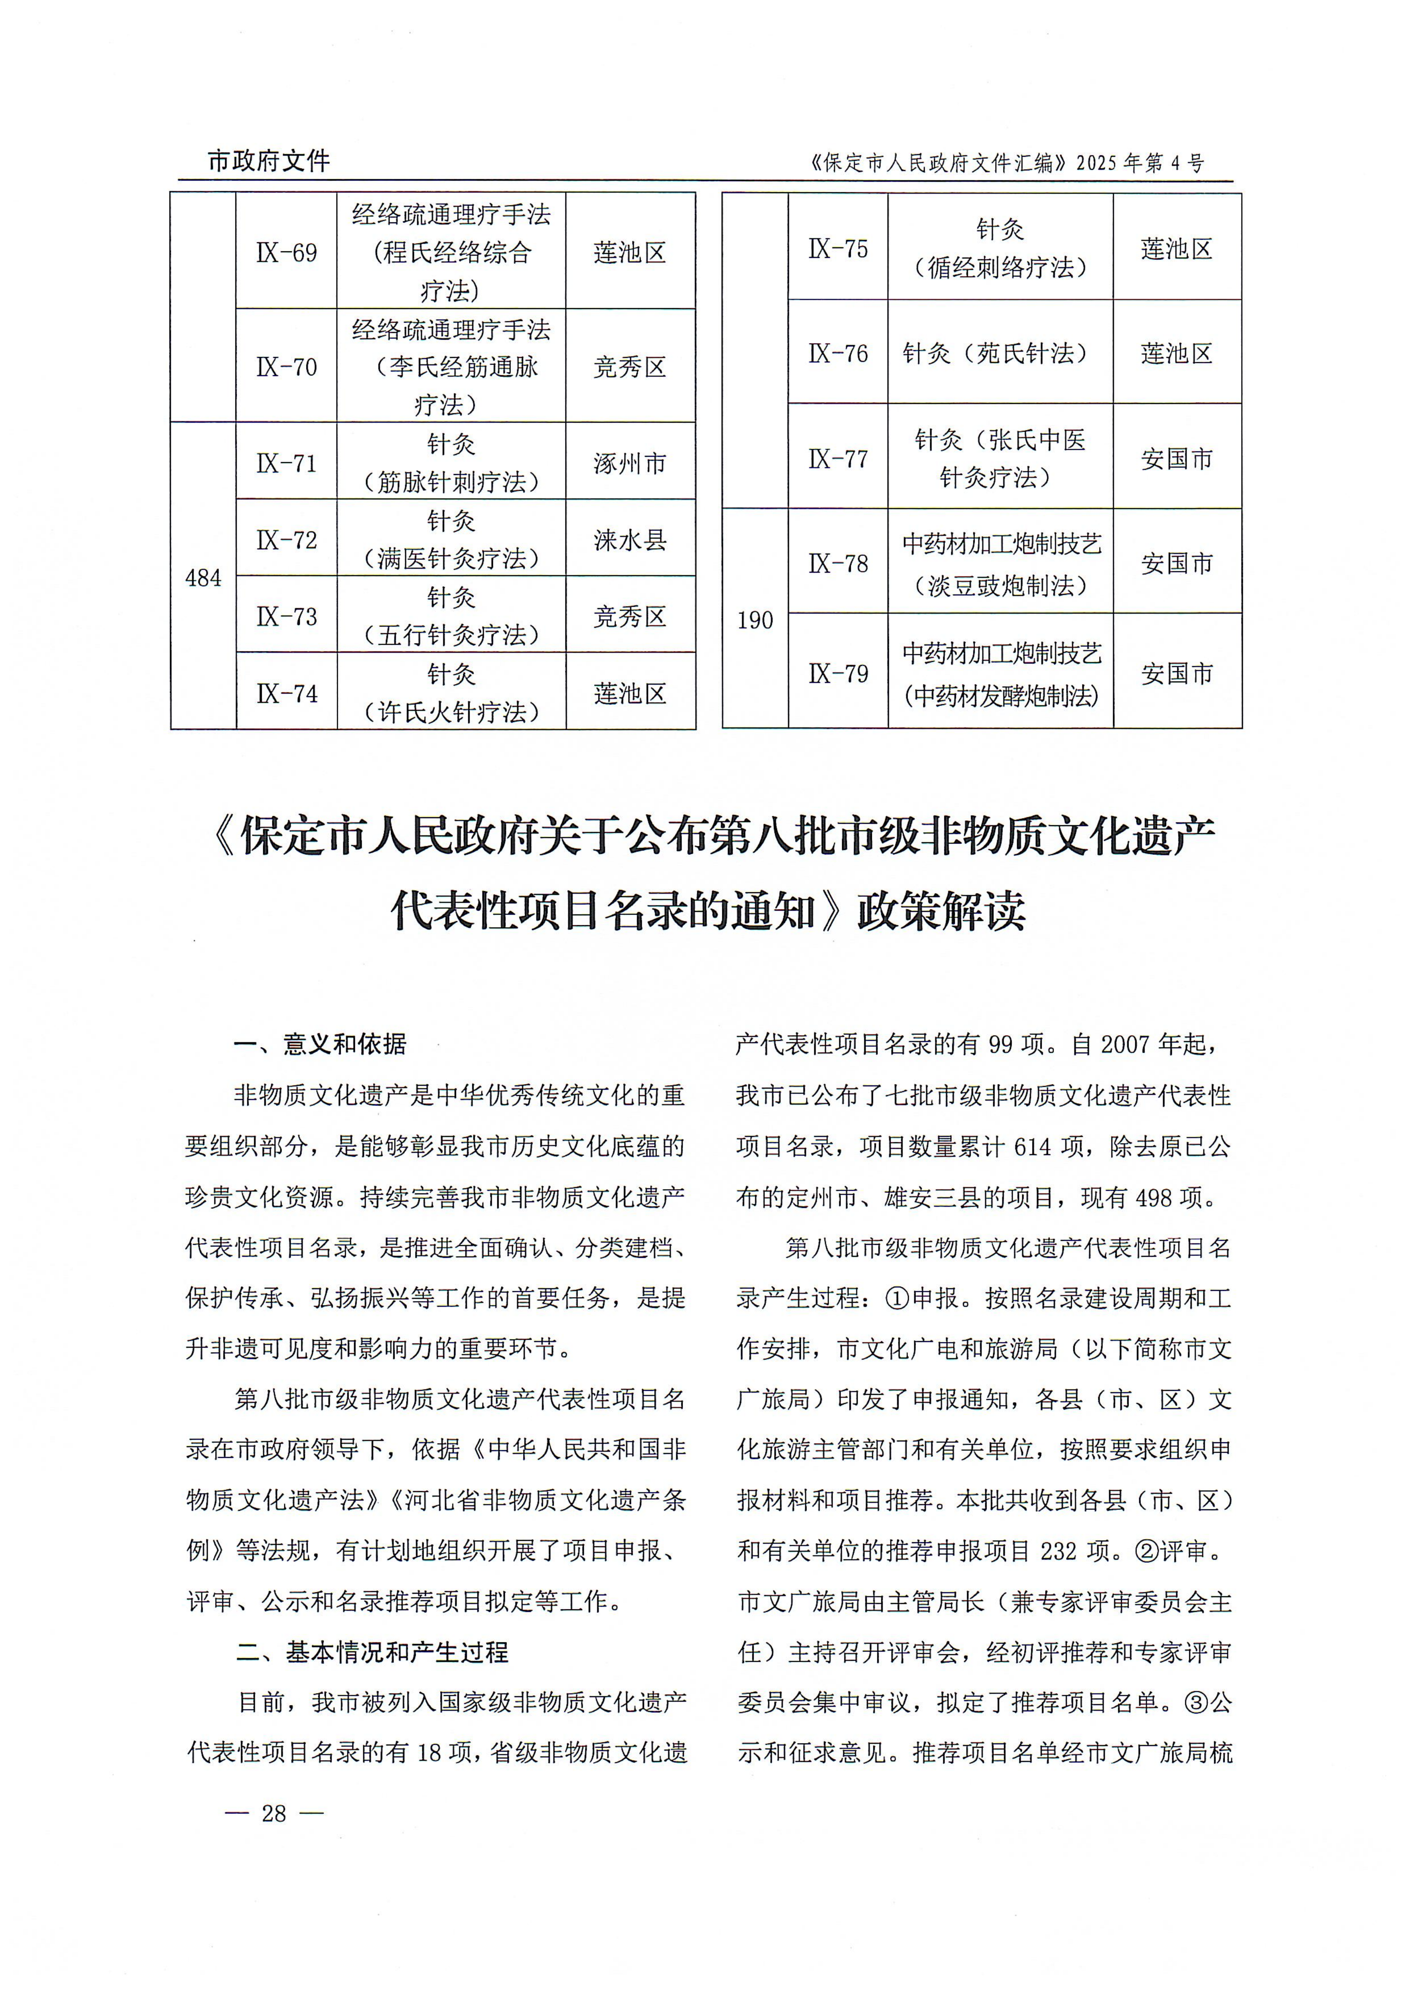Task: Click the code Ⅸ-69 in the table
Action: tap(286, 252)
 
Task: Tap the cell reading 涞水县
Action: tap(629, 540)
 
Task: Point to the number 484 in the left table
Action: tap(203, 578)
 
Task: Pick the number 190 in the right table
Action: tap(754, 620)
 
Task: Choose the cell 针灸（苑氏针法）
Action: tap(1000, 353)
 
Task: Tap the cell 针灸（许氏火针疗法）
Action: tap(451, 693)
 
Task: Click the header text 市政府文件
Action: tap(269, 160)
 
